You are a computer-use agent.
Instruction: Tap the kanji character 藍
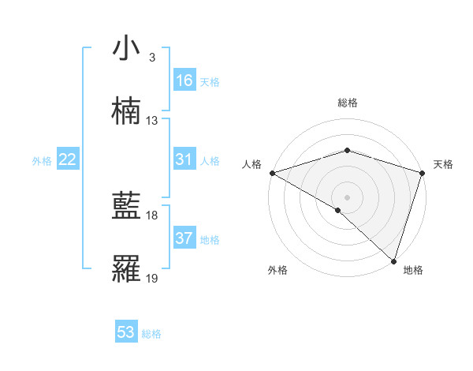pyautogui.click(x=126, y=207)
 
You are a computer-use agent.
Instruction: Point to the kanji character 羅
pyautogui.click(x=126, y=270)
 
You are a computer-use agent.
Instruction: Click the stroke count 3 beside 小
pyautogui.click(x=151, y=58)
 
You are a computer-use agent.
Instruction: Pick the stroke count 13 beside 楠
pyautogui.click(x=152, y=121)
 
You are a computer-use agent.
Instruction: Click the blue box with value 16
pyautogui.click(x=184, y=81)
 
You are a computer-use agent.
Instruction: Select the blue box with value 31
pyautogui.click(x=184, y=159)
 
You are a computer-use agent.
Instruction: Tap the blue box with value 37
pyautogui.click(x=184, y=238)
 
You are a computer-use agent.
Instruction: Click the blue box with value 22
pyautogui.click(x=68, y=159)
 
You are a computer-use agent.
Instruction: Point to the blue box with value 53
pyautogui.click(x=126, y=332)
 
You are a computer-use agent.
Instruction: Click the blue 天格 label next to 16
pyautogui.click(x=210, y=81)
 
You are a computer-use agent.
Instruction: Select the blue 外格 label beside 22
pyautogui.click(x=42, y=160)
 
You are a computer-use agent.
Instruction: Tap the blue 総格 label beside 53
pyautogui.click(x=152, y=333)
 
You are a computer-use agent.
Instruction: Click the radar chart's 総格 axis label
pyautogui.click(x=347, y=103)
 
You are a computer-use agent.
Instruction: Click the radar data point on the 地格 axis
pyautogui.click(x=393, y=260)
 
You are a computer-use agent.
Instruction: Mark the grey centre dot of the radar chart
pyautogui.click(x=347, y=197)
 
